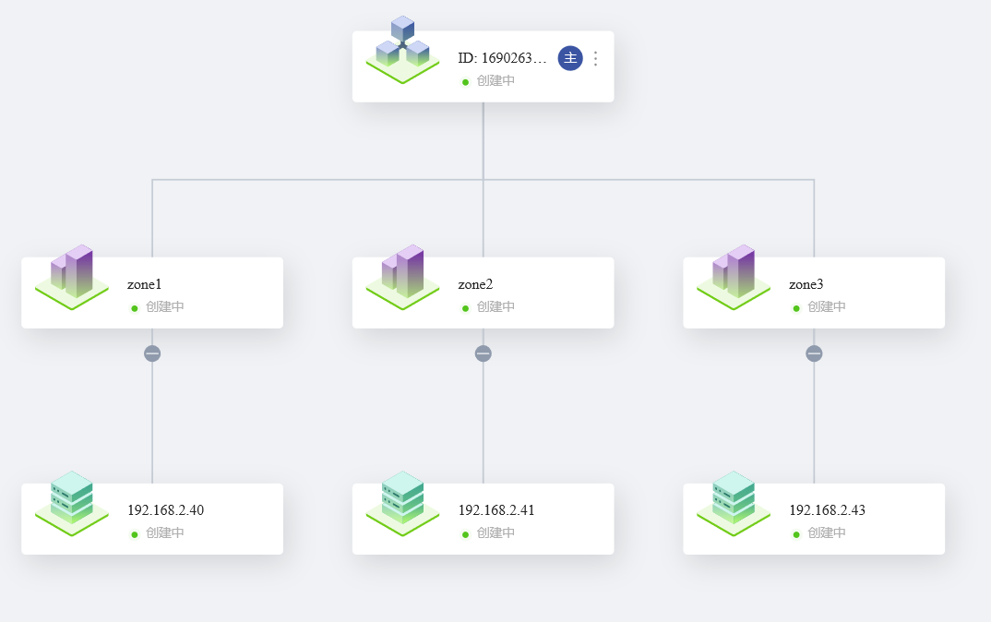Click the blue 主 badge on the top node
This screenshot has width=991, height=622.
570,58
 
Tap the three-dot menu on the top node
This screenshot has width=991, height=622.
595,58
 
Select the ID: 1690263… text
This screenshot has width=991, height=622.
502,58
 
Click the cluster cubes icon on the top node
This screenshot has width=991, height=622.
402,49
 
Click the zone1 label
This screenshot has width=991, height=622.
144,284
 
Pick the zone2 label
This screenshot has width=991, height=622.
475,284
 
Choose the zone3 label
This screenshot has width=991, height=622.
806,284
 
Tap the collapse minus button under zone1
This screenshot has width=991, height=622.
152,353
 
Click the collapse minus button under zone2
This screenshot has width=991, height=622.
484,353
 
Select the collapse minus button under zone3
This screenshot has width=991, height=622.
814,353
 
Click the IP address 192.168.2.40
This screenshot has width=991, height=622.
165,510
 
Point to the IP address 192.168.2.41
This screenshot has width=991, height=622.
496,510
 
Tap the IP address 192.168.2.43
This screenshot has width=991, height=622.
828,510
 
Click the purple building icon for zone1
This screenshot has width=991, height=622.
72,277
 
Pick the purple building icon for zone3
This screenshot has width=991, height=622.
734,277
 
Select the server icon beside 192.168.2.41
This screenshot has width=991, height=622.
402,503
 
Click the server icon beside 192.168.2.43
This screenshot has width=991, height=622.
734,503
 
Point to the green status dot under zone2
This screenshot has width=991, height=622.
465,308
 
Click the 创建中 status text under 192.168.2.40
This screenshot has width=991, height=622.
165,532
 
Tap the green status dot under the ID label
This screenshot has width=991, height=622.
465,82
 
